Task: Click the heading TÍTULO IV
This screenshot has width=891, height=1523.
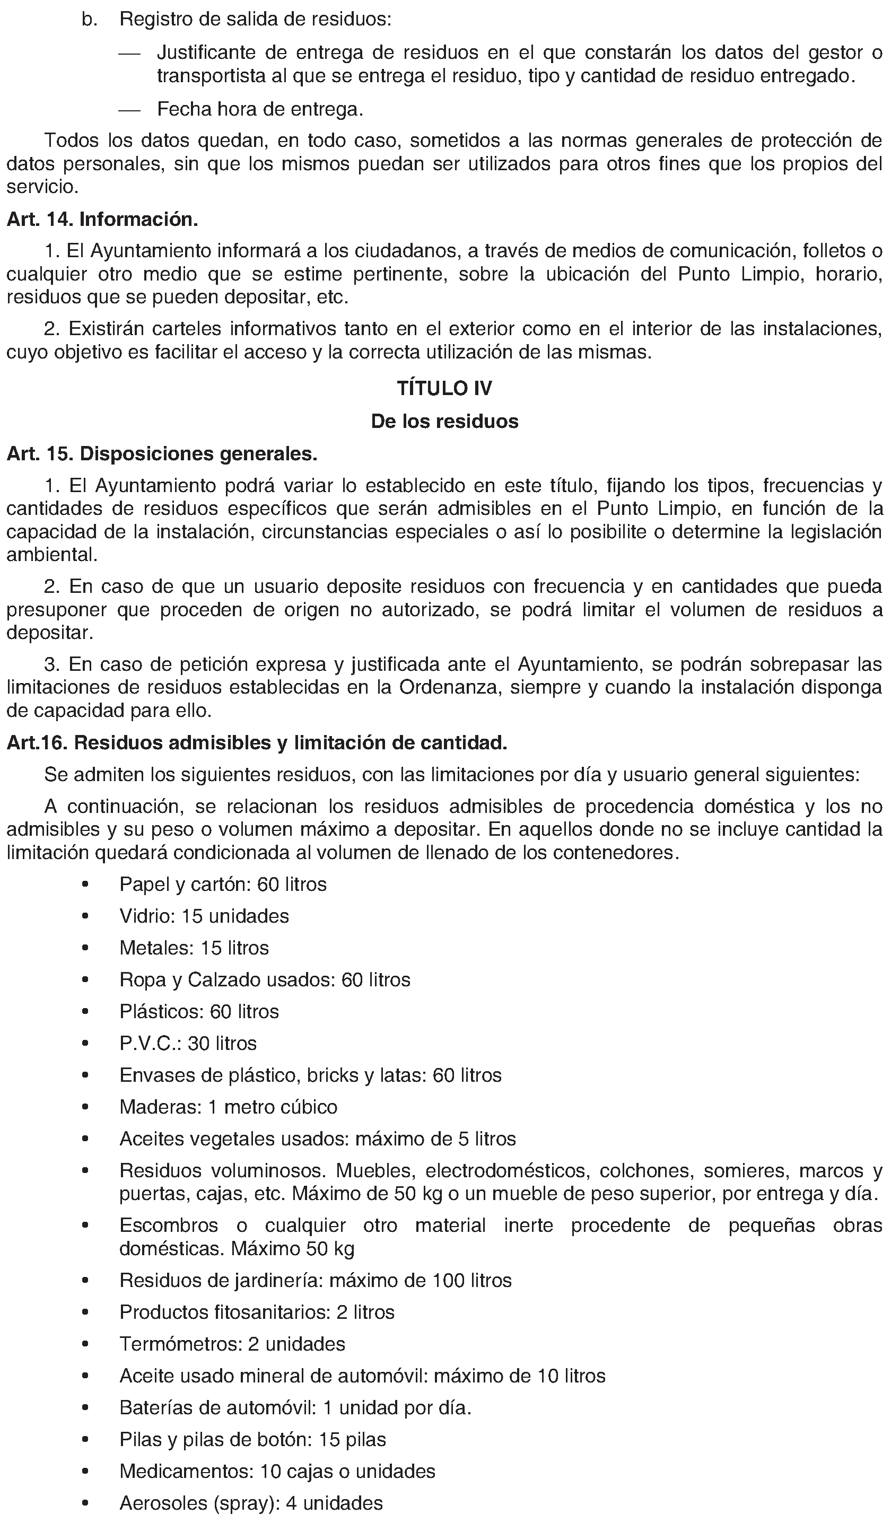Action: click(x=444, y=388)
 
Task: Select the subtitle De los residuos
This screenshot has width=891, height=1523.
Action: click(x=444, y=421)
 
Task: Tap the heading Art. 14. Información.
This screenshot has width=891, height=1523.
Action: click(x=102, y=220)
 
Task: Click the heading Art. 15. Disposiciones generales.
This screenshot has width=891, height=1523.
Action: click(x=161, y=454)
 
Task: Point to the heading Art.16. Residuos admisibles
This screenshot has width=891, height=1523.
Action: click(x=256, y=743)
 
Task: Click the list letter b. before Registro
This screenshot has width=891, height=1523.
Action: click(x=90, y=20)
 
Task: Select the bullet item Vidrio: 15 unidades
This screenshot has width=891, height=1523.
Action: click(x=204, y=916)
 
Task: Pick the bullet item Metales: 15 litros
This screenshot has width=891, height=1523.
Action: click(x=194, y=948)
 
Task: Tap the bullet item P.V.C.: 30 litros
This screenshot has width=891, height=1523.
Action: click(x=188, y=1043)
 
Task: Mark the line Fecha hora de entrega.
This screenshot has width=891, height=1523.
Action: click(x=260, y=109)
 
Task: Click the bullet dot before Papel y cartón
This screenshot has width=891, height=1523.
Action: click(x=85, y=885)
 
